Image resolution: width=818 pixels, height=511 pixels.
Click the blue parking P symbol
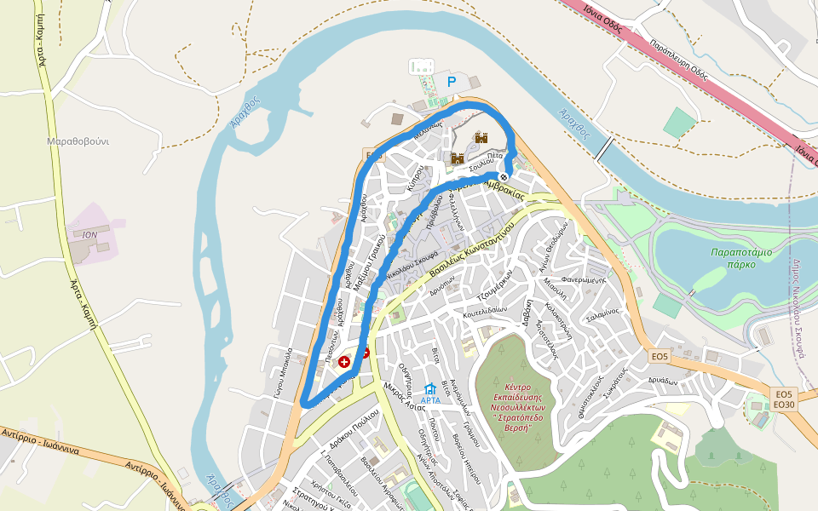[452, 83]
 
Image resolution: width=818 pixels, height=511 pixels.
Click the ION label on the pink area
[90, 233]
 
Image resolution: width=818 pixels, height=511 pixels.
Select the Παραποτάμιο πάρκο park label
[741, 257]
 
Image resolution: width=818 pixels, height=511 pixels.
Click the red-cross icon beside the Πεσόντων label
[344, 362]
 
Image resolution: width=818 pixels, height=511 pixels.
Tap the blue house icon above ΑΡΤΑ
[430, 388]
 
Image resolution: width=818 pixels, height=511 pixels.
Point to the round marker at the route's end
[504, 176]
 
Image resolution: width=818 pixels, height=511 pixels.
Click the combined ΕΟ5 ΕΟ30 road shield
[784, 399]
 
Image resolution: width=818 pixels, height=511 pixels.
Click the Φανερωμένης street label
[583, 279]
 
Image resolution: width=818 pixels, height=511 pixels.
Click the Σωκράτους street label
[613, 384]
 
